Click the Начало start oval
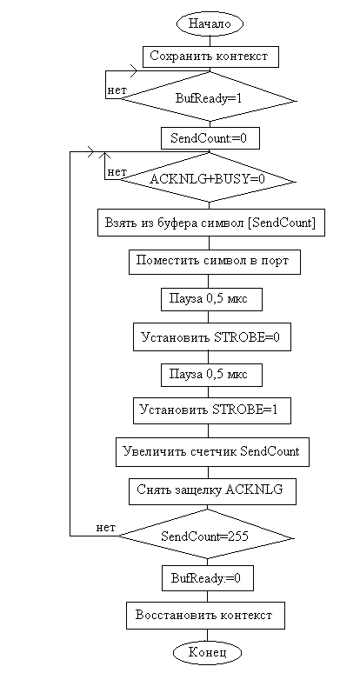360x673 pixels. tap(210, 23)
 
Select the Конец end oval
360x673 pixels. tap(207, 653)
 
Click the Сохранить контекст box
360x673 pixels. tap(210, 57)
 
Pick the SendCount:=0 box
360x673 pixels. tap(210, 138)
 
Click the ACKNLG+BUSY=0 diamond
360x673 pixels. tap(208, 180)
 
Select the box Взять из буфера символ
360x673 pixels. tap(210, 223)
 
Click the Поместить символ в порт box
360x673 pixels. tap(214, 262)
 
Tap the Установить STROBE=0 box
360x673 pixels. tap(210, 337)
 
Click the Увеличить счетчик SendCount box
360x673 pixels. tap(212, 452)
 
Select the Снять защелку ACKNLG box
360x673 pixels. tap(212, 491)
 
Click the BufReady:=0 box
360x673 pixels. tap(207, 577)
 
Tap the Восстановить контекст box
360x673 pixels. tap(204, 616)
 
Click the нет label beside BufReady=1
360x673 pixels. tap(117, 90)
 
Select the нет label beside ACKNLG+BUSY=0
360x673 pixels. tap(117, 172)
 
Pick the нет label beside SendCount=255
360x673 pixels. tap(105, 528)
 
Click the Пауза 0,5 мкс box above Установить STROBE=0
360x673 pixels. tap(211, 299)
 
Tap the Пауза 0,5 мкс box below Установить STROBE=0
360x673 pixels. tap(211, 375)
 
